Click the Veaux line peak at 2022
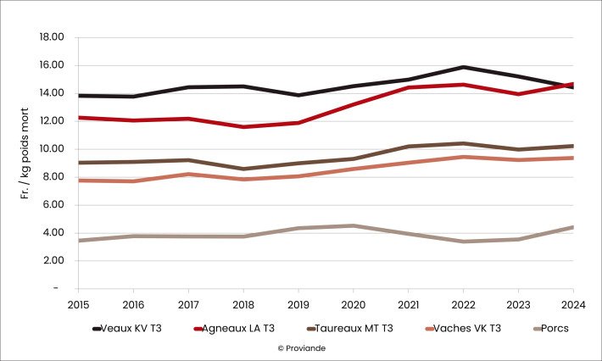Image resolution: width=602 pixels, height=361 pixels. pos(463,67)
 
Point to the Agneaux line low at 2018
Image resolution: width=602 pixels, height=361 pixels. pos(242,127)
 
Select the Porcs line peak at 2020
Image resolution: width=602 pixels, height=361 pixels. pos(353,225)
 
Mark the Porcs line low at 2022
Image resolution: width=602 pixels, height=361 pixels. pos(463,242)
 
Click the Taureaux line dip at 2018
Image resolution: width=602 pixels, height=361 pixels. pos(242,169)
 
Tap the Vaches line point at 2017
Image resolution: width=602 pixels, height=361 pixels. pos(187,174)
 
